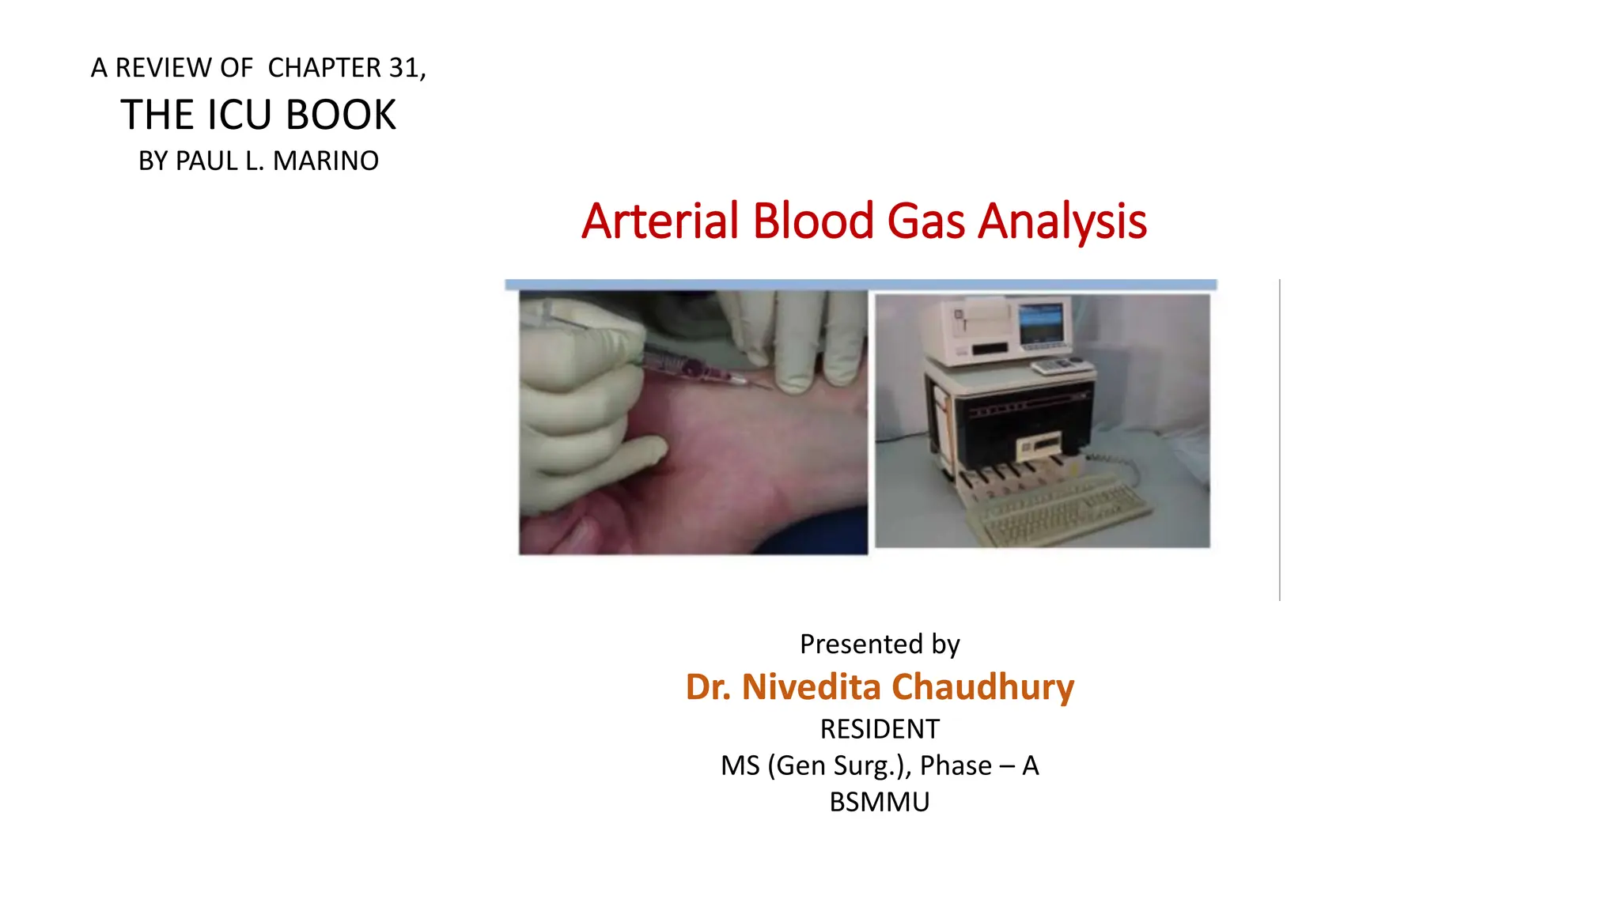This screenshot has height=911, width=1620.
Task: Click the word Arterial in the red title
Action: pos(660,221)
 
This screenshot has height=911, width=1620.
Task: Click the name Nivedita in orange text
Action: pos(811,686)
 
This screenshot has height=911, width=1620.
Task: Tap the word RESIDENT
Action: pos(879,728)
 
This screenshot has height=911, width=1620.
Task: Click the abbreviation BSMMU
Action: pos(879,802)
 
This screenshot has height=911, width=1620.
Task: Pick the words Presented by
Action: pos(879,644)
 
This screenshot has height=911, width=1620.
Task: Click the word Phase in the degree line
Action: pos(956,765)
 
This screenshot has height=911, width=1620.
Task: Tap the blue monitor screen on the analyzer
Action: pos(1040,323)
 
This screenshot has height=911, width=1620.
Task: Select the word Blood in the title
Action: pos(812,221)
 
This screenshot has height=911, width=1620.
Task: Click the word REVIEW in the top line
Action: pos(165,68)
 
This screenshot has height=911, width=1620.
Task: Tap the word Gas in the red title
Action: pos(925,221)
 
